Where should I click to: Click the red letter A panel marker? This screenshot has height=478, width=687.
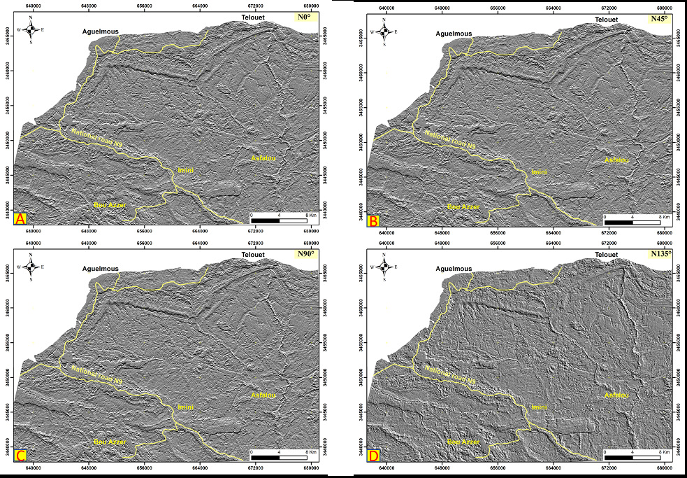pyautogui.click(x=20, y=220)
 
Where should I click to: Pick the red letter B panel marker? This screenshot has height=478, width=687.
pyautogui.click(x=374, y=221)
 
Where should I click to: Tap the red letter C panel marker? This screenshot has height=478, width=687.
pyautogui.click(x=20, y=457)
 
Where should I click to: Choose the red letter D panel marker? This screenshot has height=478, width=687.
pyautogui.click(x=374, y=457)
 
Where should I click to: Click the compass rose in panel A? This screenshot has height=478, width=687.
pyautogui.click(x=31, y=29)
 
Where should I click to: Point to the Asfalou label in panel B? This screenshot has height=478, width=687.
pyautogui.click(x=616, y=160)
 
